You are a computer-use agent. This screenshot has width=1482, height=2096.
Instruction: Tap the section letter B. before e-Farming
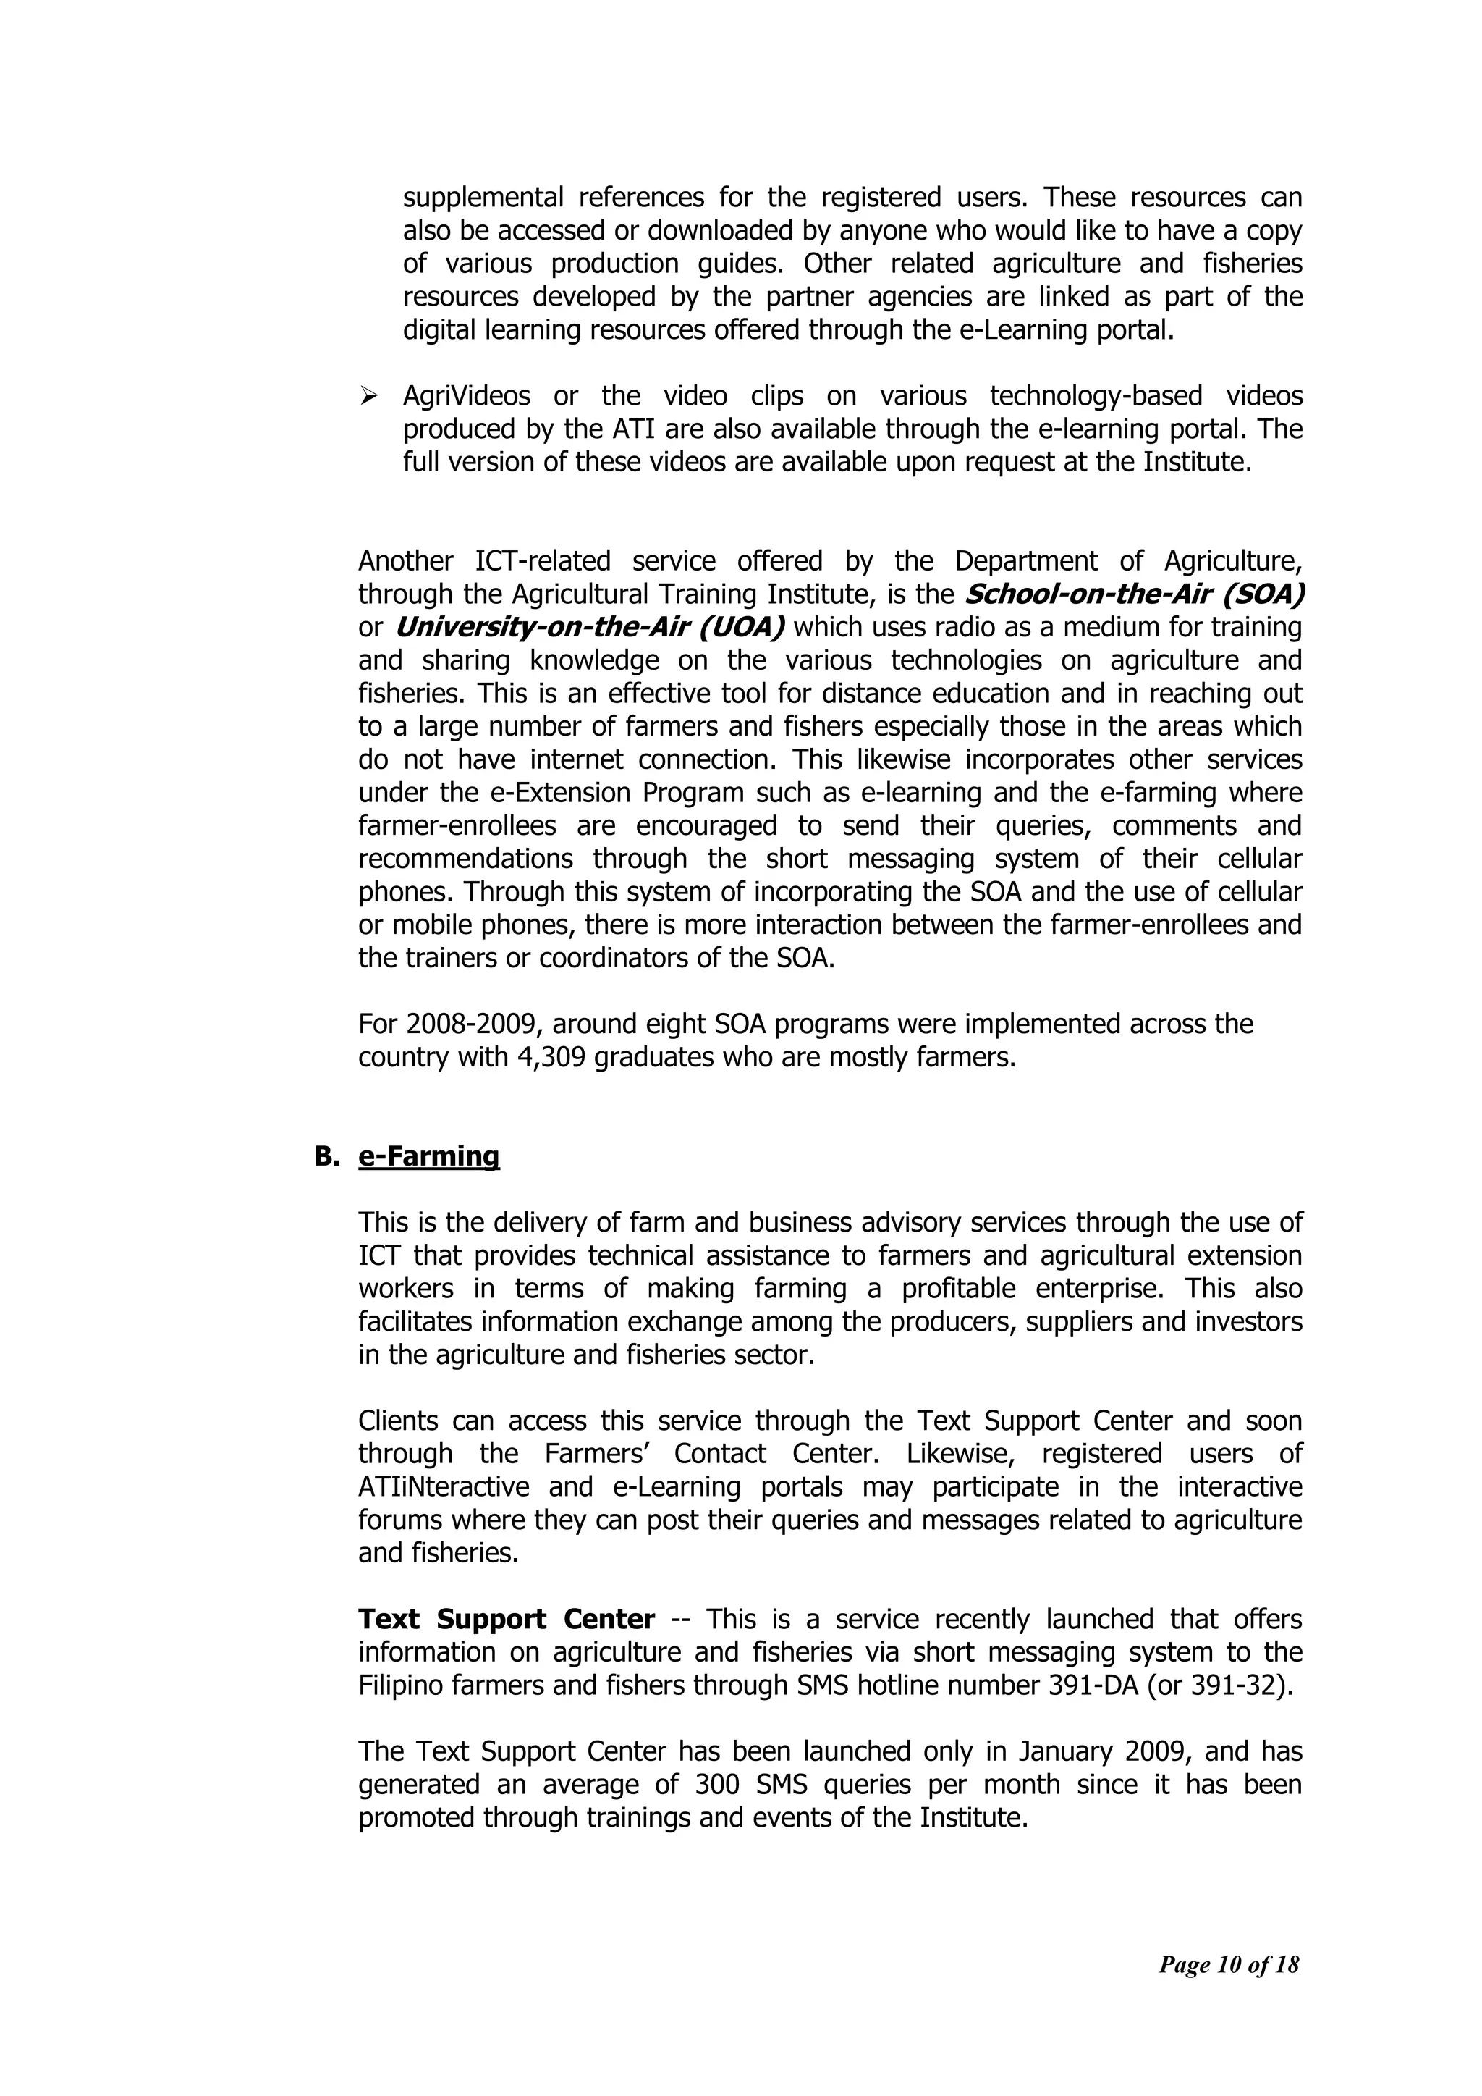pos(326,1157)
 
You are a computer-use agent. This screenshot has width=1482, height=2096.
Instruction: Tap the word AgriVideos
pos(466,396)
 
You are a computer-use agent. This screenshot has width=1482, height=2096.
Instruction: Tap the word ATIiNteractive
pos(444,1487)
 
